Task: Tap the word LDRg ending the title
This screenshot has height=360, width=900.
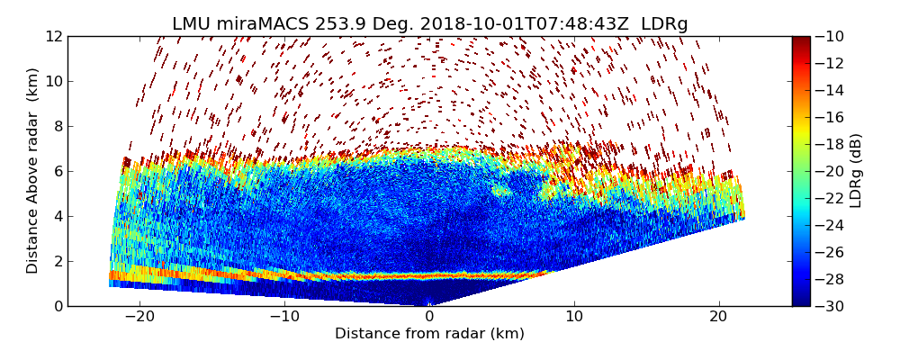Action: pos(664,24)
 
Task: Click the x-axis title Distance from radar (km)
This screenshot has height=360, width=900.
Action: pos(429,334)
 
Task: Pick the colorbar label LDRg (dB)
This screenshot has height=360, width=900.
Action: pos(855,171)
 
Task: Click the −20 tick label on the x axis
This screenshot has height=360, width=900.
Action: pos(139,317)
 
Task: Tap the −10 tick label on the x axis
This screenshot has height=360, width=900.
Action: pos(284,317)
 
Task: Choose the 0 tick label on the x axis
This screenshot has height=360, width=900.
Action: pos(429,317)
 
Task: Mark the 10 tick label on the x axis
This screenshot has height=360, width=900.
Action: pos(574,317)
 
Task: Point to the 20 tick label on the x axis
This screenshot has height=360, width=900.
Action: pos(718,317)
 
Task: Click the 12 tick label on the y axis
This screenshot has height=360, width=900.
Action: pos(54,36)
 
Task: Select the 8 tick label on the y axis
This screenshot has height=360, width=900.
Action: pos(58,126)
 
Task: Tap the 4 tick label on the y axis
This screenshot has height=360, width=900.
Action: pos(58,216)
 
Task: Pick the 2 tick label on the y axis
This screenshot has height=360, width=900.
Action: pos(58,261)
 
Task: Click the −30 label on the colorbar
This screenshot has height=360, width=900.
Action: pos(834,306)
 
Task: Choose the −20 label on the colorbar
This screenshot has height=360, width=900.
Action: pos(834,171)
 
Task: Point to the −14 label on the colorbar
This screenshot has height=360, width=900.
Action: pos(834,90)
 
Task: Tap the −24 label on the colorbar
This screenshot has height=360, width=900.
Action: pos(834,225)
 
